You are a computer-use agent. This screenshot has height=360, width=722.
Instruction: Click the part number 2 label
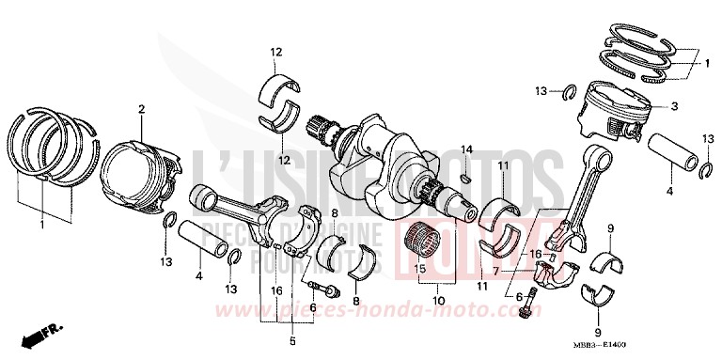point(141,109)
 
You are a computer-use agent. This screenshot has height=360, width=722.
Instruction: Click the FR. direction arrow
point(41,334)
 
